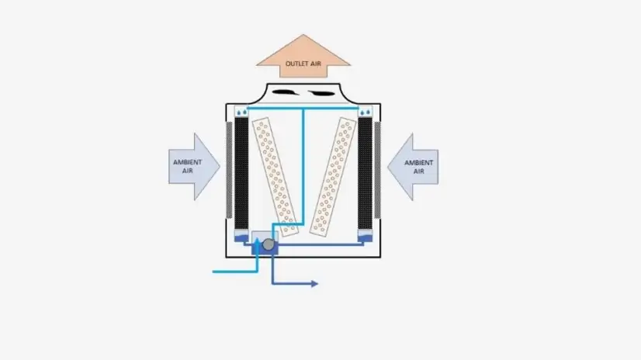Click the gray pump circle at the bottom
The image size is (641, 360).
(269, 245)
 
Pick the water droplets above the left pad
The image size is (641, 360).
(243, 112)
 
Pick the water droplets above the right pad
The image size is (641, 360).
(365, 112)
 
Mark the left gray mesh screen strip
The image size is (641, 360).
(230, 171)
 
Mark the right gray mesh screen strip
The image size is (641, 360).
(377, 171)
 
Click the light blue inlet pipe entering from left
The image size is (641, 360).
(233, 272)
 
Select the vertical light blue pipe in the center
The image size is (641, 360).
(303, 171)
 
